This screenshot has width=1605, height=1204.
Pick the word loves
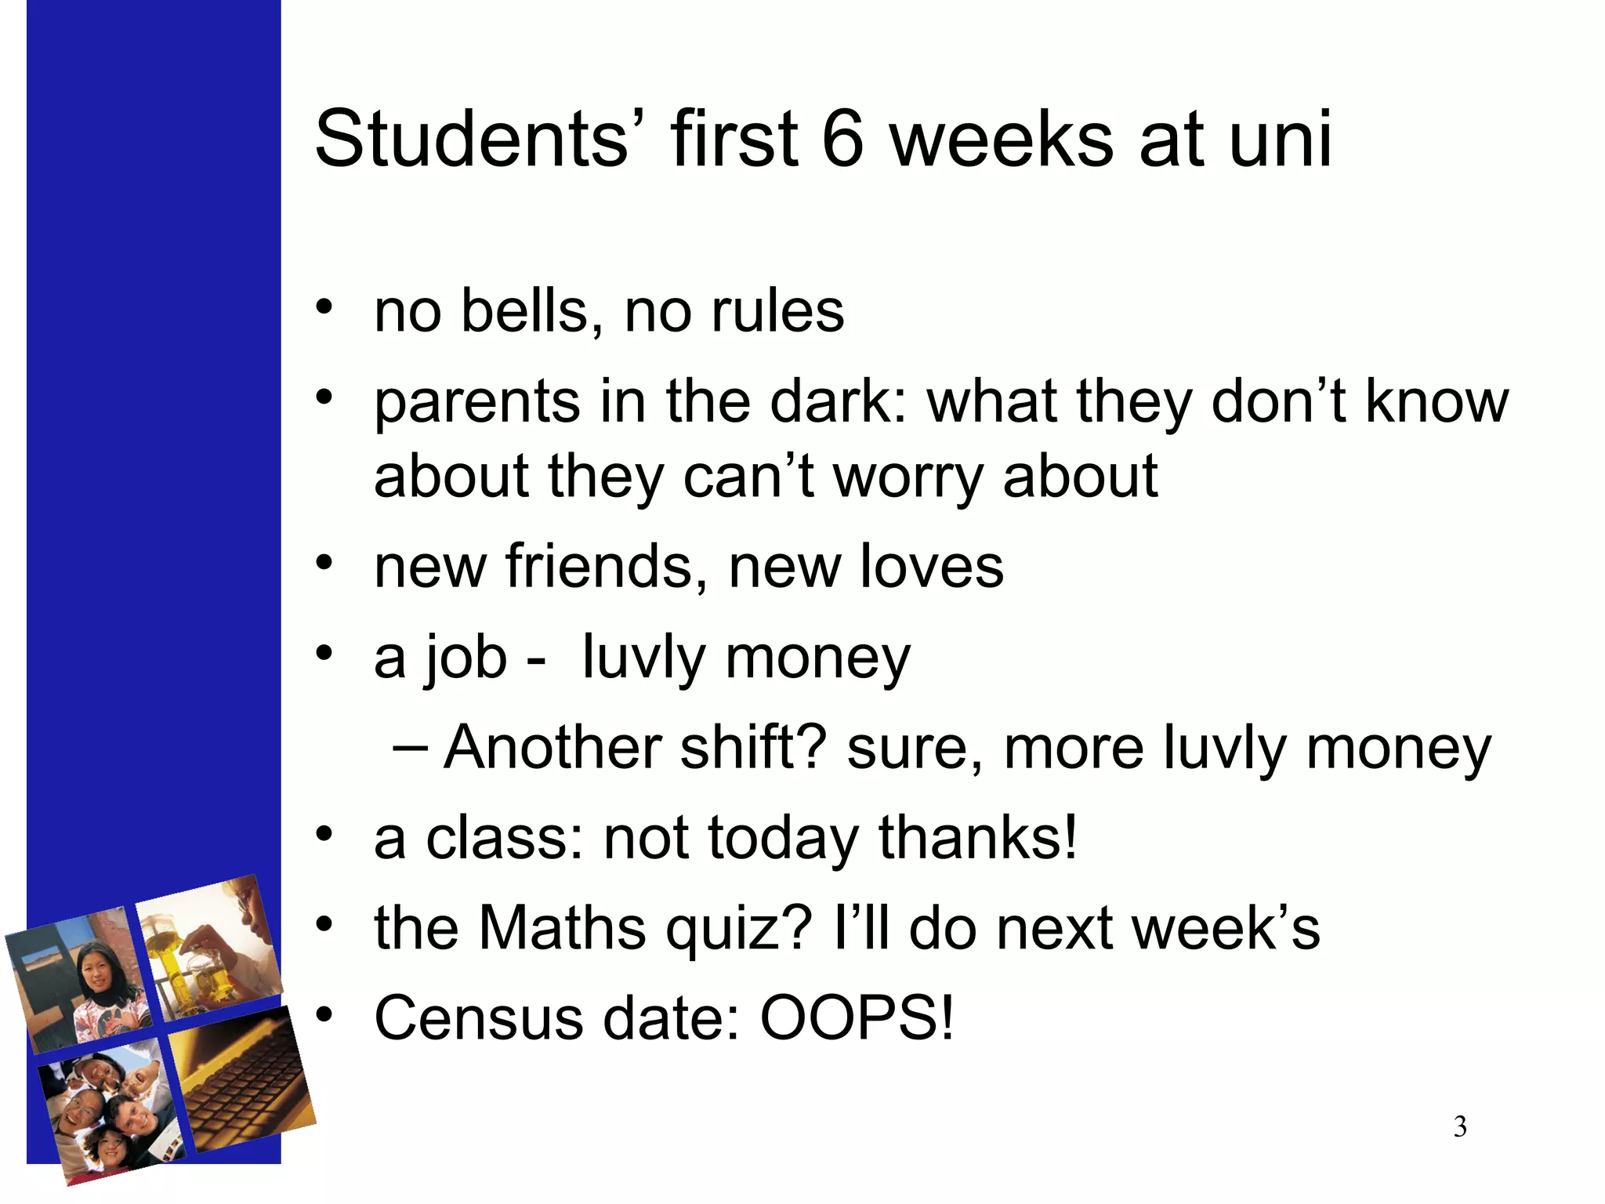(932, 566)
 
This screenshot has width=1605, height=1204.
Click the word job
(466, 658)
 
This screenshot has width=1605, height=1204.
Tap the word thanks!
(978, 838)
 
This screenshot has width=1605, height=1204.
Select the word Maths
(562, 928)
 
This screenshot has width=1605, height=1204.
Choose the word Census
(479, 1018)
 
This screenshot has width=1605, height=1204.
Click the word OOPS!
(857, 1018)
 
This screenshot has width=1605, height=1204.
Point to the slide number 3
(1460, 1127)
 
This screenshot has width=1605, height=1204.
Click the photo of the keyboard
(243, 1082)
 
